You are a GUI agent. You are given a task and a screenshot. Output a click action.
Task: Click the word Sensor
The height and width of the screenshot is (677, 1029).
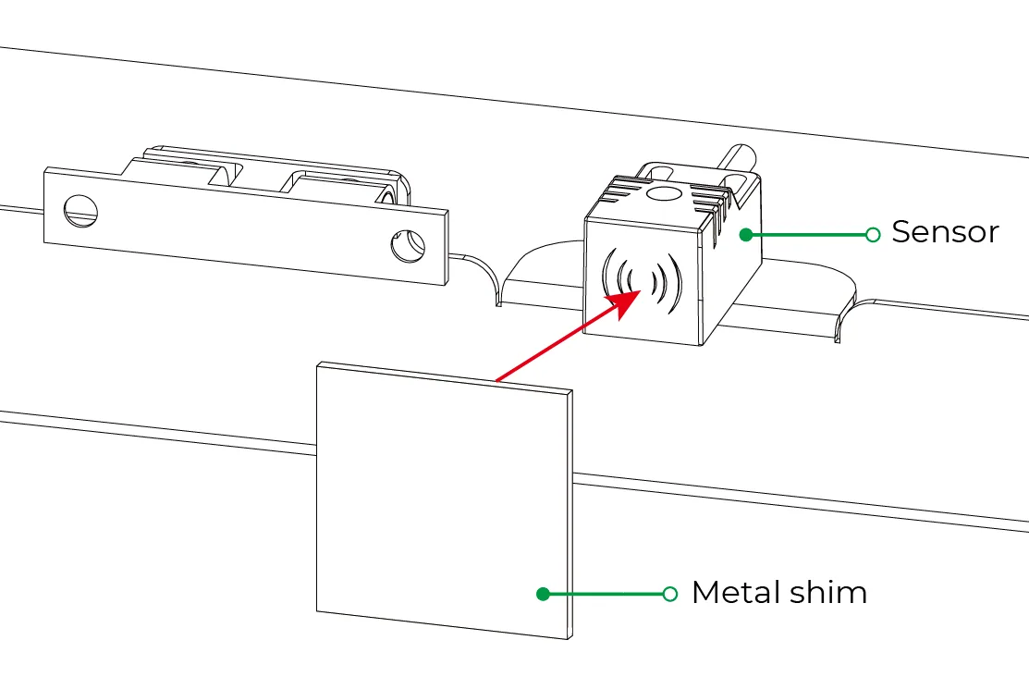(x=945, y=232)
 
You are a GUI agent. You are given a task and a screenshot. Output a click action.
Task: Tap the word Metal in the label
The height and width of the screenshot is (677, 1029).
(x=736, y=592)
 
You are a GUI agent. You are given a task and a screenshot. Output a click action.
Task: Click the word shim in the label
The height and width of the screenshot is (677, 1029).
(x=828, y=592)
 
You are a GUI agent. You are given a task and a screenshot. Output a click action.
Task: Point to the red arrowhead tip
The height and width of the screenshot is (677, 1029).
(x=641, y=289)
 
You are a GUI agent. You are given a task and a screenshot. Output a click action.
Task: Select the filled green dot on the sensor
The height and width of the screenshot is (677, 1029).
(x=746, y=234)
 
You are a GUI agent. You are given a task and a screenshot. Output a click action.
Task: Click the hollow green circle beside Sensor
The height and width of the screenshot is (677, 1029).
(x=873, y=234)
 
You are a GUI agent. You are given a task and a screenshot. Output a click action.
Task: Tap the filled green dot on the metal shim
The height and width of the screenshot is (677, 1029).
(x=543, y=594)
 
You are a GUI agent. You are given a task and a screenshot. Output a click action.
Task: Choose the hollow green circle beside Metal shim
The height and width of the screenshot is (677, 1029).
(x=669, y=594)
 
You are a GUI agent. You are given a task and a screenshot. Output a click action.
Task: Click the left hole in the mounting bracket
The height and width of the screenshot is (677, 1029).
(x=80, y=211)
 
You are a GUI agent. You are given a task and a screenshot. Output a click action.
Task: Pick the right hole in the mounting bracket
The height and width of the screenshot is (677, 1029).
(x=408, y=246)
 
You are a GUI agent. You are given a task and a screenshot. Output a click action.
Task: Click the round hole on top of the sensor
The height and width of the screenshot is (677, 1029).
(x=664, y=193)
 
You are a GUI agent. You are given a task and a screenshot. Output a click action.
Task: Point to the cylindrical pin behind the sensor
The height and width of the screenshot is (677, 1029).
(x=739, y=160)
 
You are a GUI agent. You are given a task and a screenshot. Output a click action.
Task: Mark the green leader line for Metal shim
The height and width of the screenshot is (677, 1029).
(x=606, y=594)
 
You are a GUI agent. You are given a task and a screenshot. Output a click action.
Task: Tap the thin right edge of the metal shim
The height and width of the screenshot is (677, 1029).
(x=570, y=514)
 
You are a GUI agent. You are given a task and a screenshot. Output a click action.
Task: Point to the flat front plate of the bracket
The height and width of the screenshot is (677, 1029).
(x=246, y=227)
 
